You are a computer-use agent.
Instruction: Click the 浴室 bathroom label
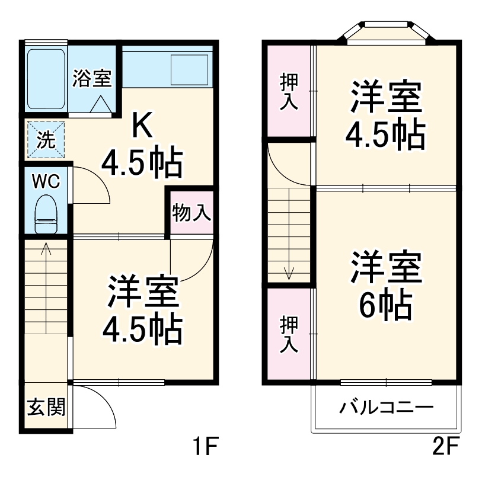pyautogui.click(x=92, y=79)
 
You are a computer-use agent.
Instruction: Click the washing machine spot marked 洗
pyautogui.click(x=46, y=139)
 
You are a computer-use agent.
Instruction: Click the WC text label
pyautogui.click(x=46, y=181)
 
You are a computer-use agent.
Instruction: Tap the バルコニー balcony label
pyautogui.click(x=387, y=408)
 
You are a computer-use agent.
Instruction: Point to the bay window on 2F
pyautogui.click(x=386, y=32)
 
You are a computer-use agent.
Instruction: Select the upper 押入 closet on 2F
pyautogui.click(x=288, y=91)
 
